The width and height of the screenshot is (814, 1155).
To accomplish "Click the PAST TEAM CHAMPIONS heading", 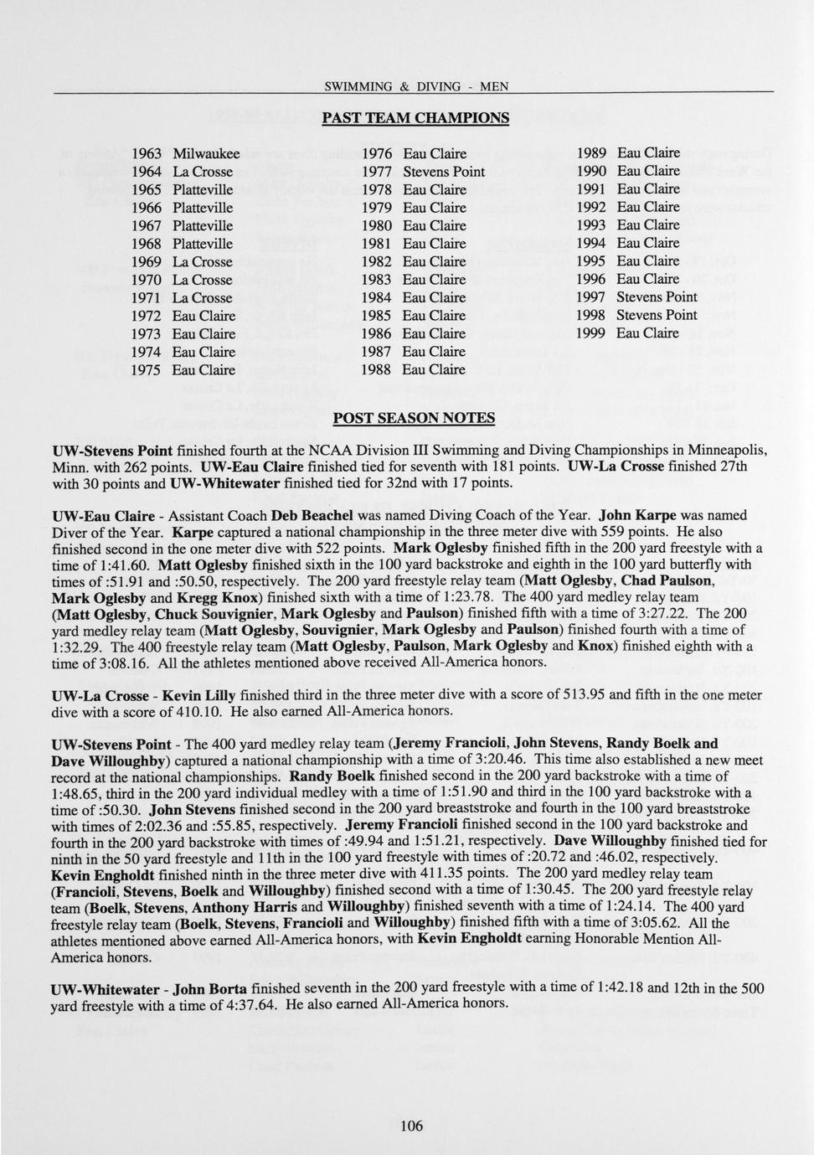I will pyautogui.click(x=415, y=118).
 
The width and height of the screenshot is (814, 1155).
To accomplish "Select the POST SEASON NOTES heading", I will pyautogui.click(x=414, y=418).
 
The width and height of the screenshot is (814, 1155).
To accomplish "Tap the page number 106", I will pyautogui.click(x=411, y=1125).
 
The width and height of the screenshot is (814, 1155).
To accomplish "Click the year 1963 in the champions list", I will pyautogui.click(x=147, y=153).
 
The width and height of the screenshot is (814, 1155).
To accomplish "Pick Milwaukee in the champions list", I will pyautogui.click(x=206, y=153).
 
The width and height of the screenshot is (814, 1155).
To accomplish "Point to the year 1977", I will pyautogui.click(x=376, y=172).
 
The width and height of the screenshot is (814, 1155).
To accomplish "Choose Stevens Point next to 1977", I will pyautogui.click(x=444, y=172).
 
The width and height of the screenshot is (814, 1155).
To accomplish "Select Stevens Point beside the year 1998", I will pyautogui.click(x=657, y=315).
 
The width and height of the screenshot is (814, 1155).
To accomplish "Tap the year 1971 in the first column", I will pyautogui.click(x=147, y=298).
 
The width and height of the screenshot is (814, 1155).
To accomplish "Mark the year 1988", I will pyautogui.click(x=376, y=369).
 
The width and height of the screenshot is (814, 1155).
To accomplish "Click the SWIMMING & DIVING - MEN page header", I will pyautogui.click(x=415, y=86).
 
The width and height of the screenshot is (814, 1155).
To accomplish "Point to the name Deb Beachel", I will pyautogui.click(x=312, y=516).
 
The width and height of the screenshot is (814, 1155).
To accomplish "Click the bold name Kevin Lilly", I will pyautogui.click(x=198, y=696).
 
